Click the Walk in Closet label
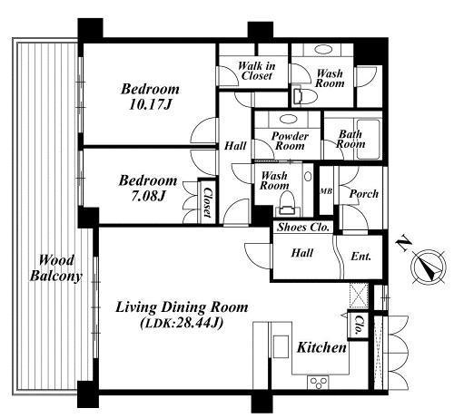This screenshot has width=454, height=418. pyautogui.click(x=257, y=71)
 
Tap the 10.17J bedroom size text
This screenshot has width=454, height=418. pyautogui.click(x=151, y=105)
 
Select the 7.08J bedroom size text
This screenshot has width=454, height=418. pyautogui.click(x=148, y=196)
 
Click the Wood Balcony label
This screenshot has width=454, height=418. pyautogui.click(x=56, y=268)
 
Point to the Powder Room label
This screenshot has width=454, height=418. pyautogui.click(x=290, y=141)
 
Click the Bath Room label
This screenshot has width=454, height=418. pyautogui.click(x=350, y=139)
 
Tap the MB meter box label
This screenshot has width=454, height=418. pyautogui.click(x=327, y=191)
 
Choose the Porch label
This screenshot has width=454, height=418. pyautogui.click(x=364, y=193)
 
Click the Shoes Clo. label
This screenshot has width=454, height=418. pyautogui.click(x=303, y=227)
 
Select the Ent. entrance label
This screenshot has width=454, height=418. pyautogui.click(x=360, y=257)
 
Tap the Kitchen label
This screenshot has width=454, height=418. pyautogui.click(x=321, y=347)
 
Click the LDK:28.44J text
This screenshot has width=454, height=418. pyautogui.click(x=182, y=324)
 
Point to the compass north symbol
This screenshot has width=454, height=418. pyautogui.click(x=429, y=267)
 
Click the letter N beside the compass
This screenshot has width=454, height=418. pyautogui.click(x=404, y=244)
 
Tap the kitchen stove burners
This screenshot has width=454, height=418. pyautogui.click(x=318, y=383)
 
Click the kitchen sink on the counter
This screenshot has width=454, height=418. pyautogui.click(x=281, y=346)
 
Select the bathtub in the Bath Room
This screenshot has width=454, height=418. pyautogui.click(x=368, y=139)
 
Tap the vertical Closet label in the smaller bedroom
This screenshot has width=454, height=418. pyautogui.click(x=207, y=202)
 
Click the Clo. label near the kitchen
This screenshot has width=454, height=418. pyautogui.click(x=359, y=326)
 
